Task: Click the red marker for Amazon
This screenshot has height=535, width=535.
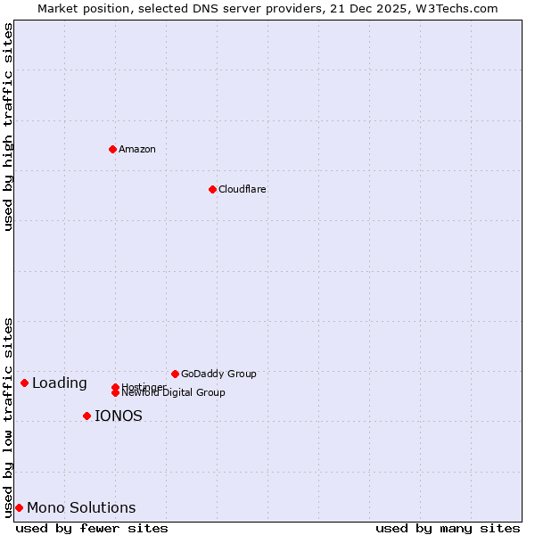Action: point(112,149)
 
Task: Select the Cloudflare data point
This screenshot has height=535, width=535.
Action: point(212,189)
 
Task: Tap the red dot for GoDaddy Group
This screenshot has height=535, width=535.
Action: point(175,374)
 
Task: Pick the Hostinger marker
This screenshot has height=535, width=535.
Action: point(115,387)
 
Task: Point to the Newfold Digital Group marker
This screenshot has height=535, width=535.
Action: point(115,392)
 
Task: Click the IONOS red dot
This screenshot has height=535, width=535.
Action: point(86,416)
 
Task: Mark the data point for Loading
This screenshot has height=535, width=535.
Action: point(24,383)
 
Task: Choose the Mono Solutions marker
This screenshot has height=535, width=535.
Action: point(19,507)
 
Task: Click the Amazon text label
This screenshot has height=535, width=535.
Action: point(137,149)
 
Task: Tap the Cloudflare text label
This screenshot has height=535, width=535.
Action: point(243,189)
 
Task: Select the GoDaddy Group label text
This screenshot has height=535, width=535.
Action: point(218,374)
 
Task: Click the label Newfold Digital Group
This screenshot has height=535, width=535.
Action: point(173,393)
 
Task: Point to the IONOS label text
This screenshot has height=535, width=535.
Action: point(119,416)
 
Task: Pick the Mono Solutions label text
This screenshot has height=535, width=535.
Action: point(81,507)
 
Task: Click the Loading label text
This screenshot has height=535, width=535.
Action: point(60,383)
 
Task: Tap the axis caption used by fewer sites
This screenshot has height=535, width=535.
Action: point(92,528)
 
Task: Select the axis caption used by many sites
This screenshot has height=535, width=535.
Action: point(448,528)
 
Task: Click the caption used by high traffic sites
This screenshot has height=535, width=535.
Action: point(8,127)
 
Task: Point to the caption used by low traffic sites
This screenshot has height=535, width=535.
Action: point(8,416)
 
